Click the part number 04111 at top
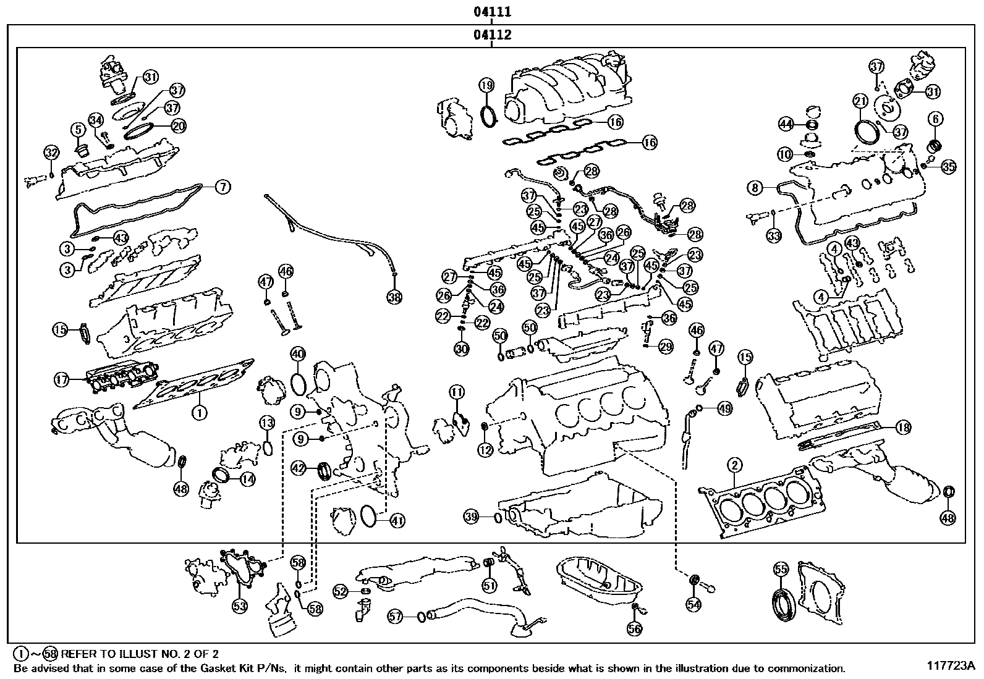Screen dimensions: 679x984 click(x=492, y=12)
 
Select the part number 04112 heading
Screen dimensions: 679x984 click(x=492, y=35)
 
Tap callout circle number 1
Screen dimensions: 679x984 click(x=198, y=411)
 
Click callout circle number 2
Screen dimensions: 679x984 click(x=734, y=465)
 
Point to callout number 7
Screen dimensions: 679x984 click(x=222, y=186)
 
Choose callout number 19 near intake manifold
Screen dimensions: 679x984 click(x=486, y=85)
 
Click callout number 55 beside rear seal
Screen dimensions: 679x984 click(x=781, y=569)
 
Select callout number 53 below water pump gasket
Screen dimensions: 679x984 click(x=240, y=606)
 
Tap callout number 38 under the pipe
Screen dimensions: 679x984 click(x=394, y=297)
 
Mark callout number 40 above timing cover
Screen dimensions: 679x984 click(x=297, y=354)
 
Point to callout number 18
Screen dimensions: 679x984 click(x=903, y=427)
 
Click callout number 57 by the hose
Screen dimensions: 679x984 click(x=396, y=615)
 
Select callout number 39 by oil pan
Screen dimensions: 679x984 click(x=472, y=516)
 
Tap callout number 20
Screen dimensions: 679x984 click(x=179, y=126)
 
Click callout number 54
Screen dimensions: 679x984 click(x=693, y=604)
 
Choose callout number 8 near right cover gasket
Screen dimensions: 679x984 click(x=755, y=187)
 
